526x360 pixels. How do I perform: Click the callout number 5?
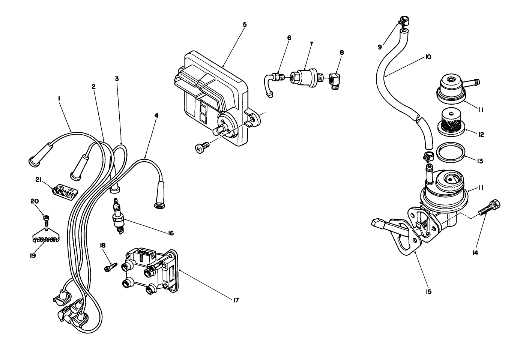tap(245, 25)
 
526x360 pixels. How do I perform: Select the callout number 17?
tap(235, 300)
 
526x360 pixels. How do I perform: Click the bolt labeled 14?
tap(488, 208)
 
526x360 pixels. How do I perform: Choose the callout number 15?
tap(428, 291)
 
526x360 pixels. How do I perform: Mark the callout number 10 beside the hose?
tap(428, 57)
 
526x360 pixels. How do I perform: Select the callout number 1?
tap(59, 98)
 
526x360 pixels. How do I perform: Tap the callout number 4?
tap(156, 116)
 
